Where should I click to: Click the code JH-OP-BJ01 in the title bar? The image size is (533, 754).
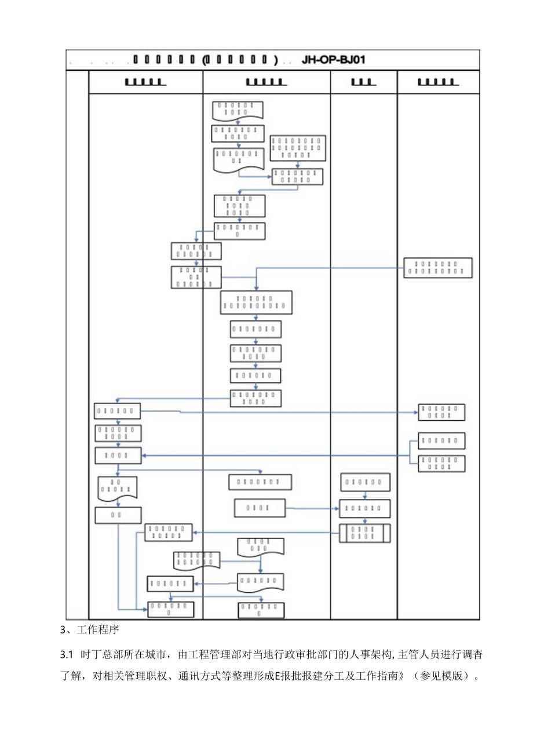pos(334,60)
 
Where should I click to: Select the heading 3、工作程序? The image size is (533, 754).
pos(89,630)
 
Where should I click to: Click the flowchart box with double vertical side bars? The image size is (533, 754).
pos(364,533)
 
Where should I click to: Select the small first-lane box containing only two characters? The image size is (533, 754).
pos(118,515)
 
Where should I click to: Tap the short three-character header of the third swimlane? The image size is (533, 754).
pos(364,82)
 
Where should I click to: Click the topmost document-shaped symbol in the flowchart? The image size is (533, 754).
pos(237,108)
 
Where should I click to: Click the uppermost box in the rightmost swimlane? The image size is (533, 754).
pos(437,268)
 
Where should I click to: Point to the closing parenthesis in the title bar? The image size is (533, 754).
pos(276,60)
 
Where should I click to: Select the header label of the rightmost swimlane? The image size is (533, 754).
pos(438,82)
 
